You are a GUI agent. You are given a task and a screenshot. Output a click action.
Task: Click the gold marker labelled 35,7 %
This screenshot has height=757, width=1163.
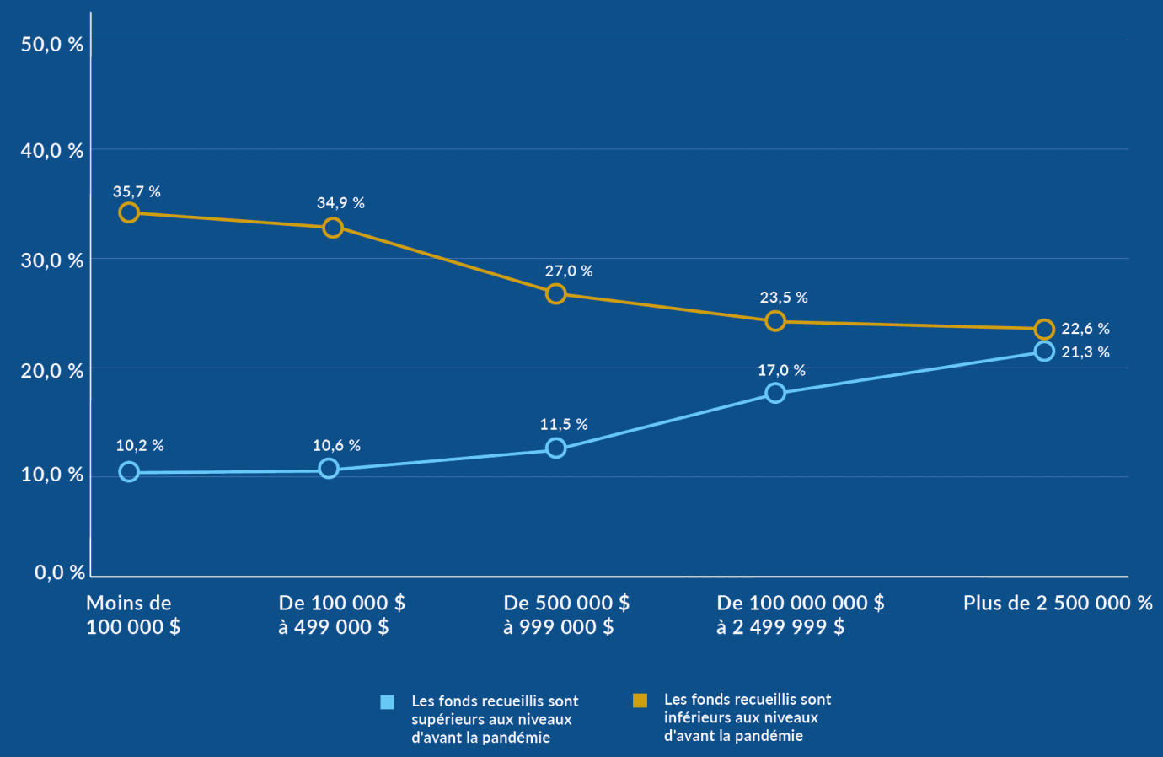(129, 212)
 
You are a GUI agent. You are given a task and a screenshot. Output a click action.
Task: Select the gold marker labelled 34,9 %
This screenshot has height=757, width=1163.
(333, 228)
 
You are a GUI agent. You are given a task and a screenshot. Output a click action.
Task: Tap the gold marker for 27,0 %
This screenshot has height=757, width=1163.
(555, 293)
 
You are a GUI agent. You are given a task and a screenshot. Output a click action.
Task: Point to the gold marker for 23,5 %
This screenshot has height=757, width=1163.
(775, 321)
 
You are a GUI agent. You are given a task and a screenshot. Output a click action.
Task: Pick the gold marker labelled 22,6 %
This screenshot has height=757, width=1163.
(1044, 329)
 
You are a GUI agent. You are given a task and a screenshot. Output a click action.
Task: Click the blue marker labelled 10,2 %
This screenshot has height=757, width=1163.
(129, 472)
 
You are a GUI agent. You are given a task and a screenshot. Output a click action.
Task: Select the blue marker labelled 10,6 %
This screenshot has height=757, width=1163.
(329, 469)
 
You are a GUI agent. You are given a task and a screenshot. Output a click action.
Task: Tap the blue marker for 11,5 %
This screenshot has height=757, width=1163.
(555, 448)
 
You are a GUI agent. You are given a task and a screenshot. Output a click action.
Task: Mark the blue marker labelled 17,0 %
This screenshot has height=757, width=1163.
(775, 393)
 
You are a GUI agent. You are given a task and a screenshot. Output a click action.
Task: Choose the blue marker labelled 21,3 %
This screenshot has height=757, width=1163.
(1044, 351)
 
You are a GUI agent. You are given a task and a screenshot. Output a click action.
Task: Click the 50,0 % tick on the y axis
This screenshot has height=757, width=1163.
(52, 45)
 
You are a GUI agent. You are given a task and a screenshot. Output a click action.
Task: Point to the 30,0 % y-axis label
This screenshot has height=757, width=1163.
(52, 260)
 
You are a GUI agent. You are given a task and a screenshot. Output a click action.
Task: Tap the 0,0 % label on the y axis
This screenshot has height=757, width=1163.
(60, 573)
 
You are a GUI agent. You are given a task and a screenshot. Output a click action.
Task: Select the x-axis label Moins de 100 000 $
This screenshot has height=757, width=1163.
(133, 615)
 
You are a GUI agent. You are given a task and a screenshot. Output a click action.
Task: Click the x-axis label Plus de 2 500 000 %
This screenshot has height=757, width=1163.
(1058, 603)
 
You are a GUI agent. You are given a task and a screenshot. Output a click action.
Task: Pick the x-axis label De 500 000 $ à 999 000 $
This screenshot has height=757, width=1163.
(566, 615)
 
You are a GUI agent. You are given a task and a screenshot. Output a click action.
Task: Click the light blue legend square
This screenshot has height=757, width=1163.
(388, 702)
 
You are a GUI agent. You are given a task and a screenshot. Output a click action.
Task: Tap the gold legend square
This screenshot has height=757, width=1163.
(640, 701)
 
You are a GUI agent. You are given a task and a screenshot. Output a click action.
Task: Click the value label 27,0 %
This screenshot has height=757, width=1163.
(569, 271)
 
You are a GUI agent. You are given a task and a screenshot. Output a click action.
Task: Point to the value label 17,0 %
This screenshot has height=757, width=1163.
(781, 371)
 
